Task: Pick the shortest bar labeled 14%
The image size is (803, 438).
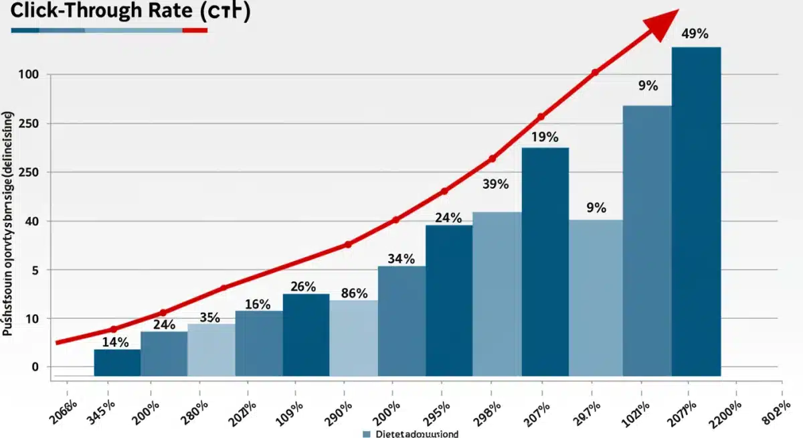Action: tap(117, 362)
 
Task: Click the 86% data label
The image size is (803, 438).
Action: tap(354, 293)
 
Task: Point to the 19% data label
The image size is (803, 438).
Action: tap(545, 137)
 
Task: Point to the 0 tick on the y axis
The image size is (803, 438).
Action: tap(35, 367)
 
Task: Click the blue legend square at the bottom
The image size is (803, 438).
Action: tap(367, 434)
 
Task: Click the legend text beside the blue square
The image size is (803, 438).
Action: tap(416, 434)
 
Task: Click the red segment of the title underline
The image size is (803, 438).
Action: tap(195, 30)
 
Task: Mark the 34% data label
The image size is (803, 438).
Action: tap(401, 259)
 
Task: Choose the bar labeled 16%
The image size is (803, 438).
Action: tap(259, 342)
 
